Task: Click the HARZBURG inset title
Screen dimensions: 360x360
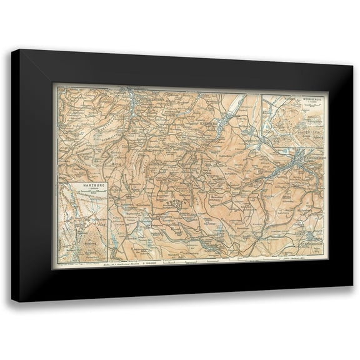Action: coord(80,186)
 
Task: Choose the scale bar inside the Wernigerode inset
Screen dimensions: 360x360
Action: coord(296,106)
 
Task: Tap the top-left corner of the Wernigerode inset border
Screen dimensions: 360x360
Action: coord(263,94)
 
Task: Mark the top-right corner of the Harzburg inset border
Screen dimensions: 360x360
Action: coord(108,180)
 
